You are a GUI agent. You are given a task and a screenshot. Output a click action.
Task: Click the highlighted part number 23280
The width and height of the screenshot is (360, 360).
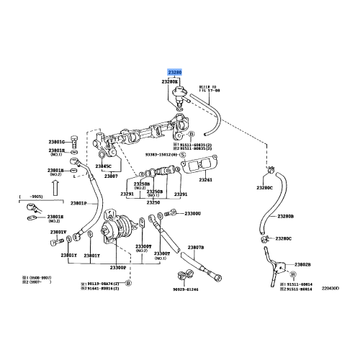(x=175, y=73)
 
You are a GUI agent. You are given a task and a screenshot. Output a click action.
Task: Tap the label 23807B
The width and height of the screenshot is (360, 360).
(x=196, y=247)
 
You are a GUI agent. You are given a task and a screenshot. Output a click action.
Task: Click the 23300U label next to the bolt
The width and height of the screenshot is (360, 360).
(x=192, y=213)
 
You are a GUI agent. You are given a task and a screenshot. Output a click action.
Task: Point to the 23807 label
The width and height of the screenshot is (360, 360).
(x=110, y=175)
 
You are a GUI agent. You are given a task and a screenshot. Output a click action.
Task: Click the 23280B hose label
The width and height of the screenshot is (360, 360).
(x=285, y=216)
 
